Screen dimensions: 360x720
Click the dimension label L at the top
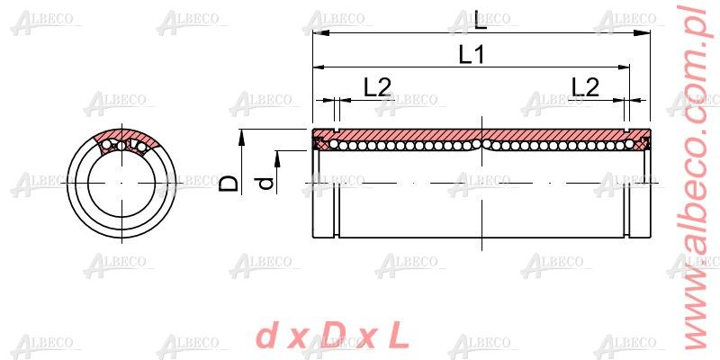click(x=481, y=17)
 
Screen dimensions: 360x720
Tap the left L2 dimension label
click(x=377, y=86)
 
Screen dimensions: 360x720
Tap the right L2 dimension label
click(x=585, y=86)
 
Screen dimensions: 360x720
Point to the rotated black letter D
click(x=230, y=184)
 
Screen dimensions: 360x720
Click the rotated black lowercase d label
click(x=265, y=184)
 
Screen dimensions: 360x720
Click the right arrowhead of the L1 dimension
click(x=622, y=67)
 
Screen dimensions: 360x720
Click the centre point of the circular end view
click(x=124, y=184)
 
